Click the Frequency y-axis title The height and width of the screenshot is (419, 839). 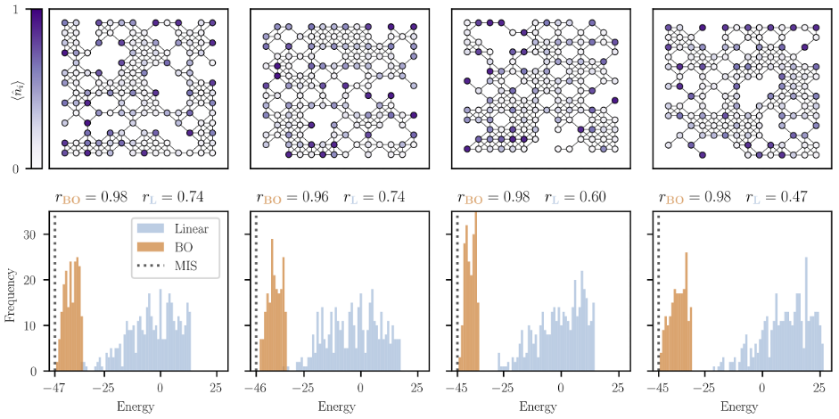tap(11, 292)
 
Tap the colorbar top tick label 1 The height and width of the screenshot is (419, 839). tap(19, 10)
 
